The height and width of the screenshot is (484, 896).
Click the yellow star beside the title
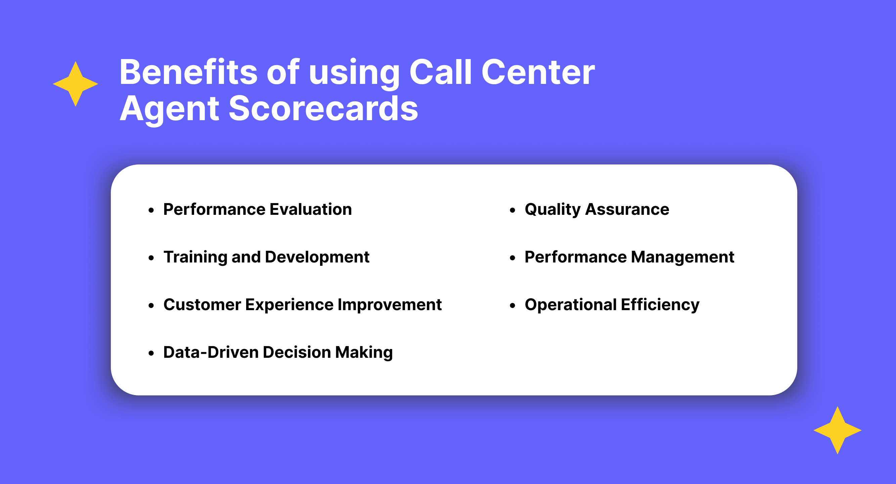coord(76,84)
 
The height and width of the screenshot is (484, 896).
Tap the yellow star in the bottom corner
coord(837,430)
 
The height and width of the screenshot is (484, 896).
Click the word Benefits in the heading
coord(188,72)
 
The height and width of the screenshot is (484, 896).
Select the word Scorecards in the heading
coord(323,108)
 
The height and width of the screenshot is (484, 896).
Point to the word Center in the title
coord(538,72)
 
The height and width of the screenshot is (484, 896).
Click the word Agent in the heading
coord(169,109)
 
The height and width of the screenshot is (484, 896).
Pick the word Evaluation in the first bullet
coord(311,209)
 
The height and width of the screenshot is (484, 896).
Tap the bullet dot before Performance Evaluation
coord(151,210)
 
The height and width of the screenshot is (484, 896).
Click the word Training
coord(195,257)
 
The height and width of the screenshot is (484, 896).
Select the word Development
coord(317,257)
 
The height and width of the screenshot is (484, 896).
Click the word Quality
coord(552,210)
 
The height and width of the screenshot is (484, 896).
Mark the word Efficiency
coord(660,305)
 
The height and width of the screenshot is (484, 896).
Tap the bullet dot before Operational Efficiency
coord(512,306)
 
